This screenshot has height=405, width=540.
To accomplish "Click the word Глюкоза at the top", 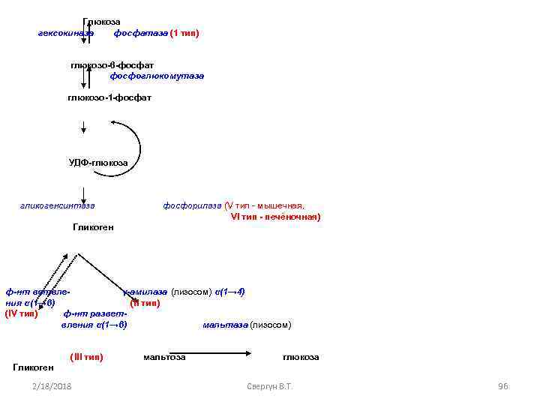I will (102, 22).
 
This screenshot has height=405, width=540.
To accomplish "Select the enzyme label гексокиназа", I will (66, 34).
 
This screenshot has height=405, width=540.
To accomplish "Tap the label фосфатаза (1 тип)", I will (156, 34).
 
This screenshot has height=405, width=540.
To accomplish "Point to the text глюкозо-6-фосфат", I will (112, 66).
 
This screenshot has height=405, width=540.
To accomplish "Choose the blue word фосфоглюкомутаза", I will (157, 76).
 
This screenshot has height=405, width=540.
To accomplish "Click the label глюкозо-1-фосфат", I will (109, 98).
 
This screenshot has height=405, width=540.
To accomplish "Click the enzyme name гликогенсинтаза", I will (58, 205).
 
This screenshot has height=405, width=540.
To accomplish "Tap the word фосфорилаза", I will (192, 205).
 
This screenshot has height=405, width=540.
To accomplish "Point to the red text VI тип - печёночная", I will (276, 217).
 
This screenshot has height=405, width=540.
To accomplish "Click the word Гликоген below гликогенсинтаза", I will (93, 227).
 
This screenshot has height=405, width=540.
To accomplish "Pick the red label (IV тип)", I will (21, 313).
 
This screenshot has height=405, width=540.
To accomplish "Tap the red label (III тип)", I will (86, 357).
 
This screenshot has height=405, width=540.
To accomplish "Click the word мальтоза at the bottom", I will (164, 357).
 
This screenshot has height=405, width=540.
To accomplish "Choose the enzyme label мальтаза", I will (225, 325).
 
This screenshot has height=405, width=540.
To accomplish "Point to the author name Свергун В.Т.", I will (268, 386).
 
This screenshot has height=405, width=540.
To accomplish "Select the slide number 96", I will (502, 386).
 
